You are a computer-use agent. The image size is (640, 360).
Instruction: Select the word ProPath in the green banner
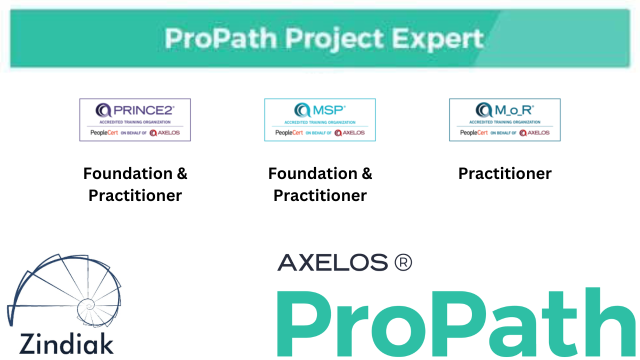coord(220,39)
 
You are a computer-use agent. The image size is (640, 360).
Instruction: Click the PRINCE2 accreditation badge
coord(135,120)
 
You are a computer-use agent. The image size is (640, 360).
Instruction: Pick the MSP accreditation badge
coord(320,120)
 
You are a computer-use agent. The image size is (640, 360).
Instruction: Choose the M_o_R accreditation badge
coord(505,120)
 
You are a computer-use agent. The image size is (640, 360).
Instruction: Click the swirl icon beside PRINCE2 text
coord(103,109)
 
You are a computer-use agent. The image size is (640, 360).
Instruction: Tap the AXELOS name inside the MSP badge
coord(353,133)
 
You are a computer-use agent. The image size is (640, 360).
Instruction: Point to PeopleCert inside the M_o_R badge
coord(474,133)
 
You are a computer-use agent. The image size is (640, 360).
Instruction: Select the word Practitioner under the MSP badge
coord(320,195)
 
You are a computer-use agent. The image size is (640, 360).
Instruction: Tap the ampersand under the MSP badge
coord(366,173)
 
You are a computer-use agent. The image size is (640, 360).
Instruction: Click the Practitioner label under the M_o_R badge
coord(505,173)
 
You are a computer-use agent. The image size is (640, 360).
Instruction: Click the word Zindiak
coord(66,344)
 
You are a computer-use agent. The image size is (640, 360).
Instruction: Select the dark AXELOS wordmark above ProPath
coord(332,262)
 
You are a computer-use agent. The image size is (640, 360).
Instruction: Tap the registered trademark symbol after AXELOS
coord(403,262)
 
